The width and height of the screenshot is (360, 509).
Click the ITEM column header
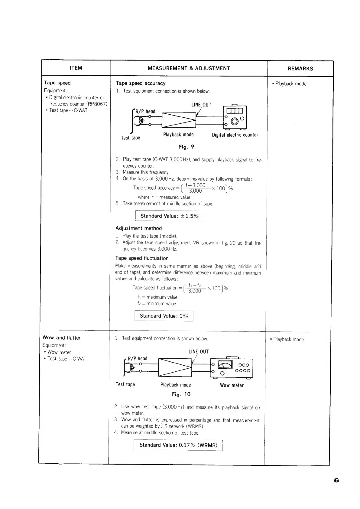76,68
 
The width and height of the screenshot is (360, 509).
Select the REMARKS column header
300,69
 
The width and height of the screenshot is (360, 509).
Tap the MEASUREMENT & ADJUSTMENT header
189,68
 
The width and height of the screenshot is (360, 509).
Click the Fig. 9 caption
186,147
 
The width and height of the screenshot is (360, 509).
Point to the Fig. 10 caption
181,394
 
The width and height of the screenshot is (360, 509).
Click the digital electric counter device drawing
235,117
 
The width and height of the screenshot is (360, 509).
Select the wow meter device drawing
232,368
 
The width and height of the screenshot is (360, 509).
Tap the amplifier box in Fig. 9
179,120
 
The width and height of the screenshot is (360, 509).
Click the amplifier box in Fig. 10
175,367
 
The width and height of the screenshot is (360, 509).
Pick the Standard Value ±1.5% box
170,216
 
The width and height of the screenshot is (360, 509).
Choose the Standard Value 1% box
164,316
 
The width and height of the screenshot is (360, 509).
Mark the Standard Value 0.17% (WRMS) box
178,445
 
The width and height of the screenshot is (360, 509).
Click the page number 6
336,481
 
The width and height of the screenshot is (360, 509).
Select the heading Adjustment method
139,228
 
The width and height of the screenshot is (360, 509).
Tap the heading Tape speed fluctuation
142,258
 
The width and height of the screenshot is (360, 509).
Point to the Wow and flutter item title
62,338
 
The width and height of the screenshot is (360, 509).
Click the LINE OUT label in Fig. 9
201,105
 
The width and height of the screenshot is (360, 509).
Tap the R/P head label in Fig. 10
138,358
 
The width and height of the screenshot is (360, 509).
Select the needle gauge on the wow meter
225,364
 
